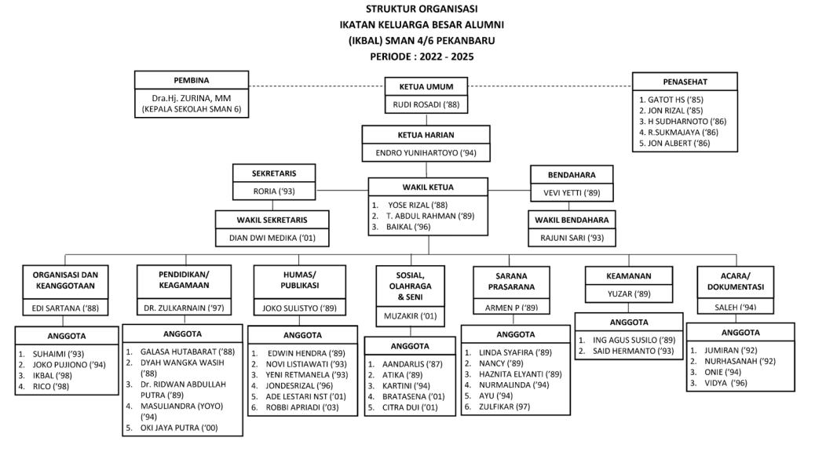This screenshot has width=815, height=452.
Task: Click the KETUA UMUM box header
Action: coord(428,86)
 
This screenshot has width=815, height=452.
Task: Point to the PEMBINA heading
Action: coord(192,79)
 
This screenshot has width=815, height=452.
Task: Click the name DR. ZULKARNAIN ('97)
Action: coord(185,309)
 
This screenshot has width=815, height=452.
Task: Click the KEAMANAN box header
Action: coord(627,275)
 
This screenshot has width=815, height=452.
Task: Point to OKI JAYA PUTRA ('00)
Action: coord(179,428)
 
